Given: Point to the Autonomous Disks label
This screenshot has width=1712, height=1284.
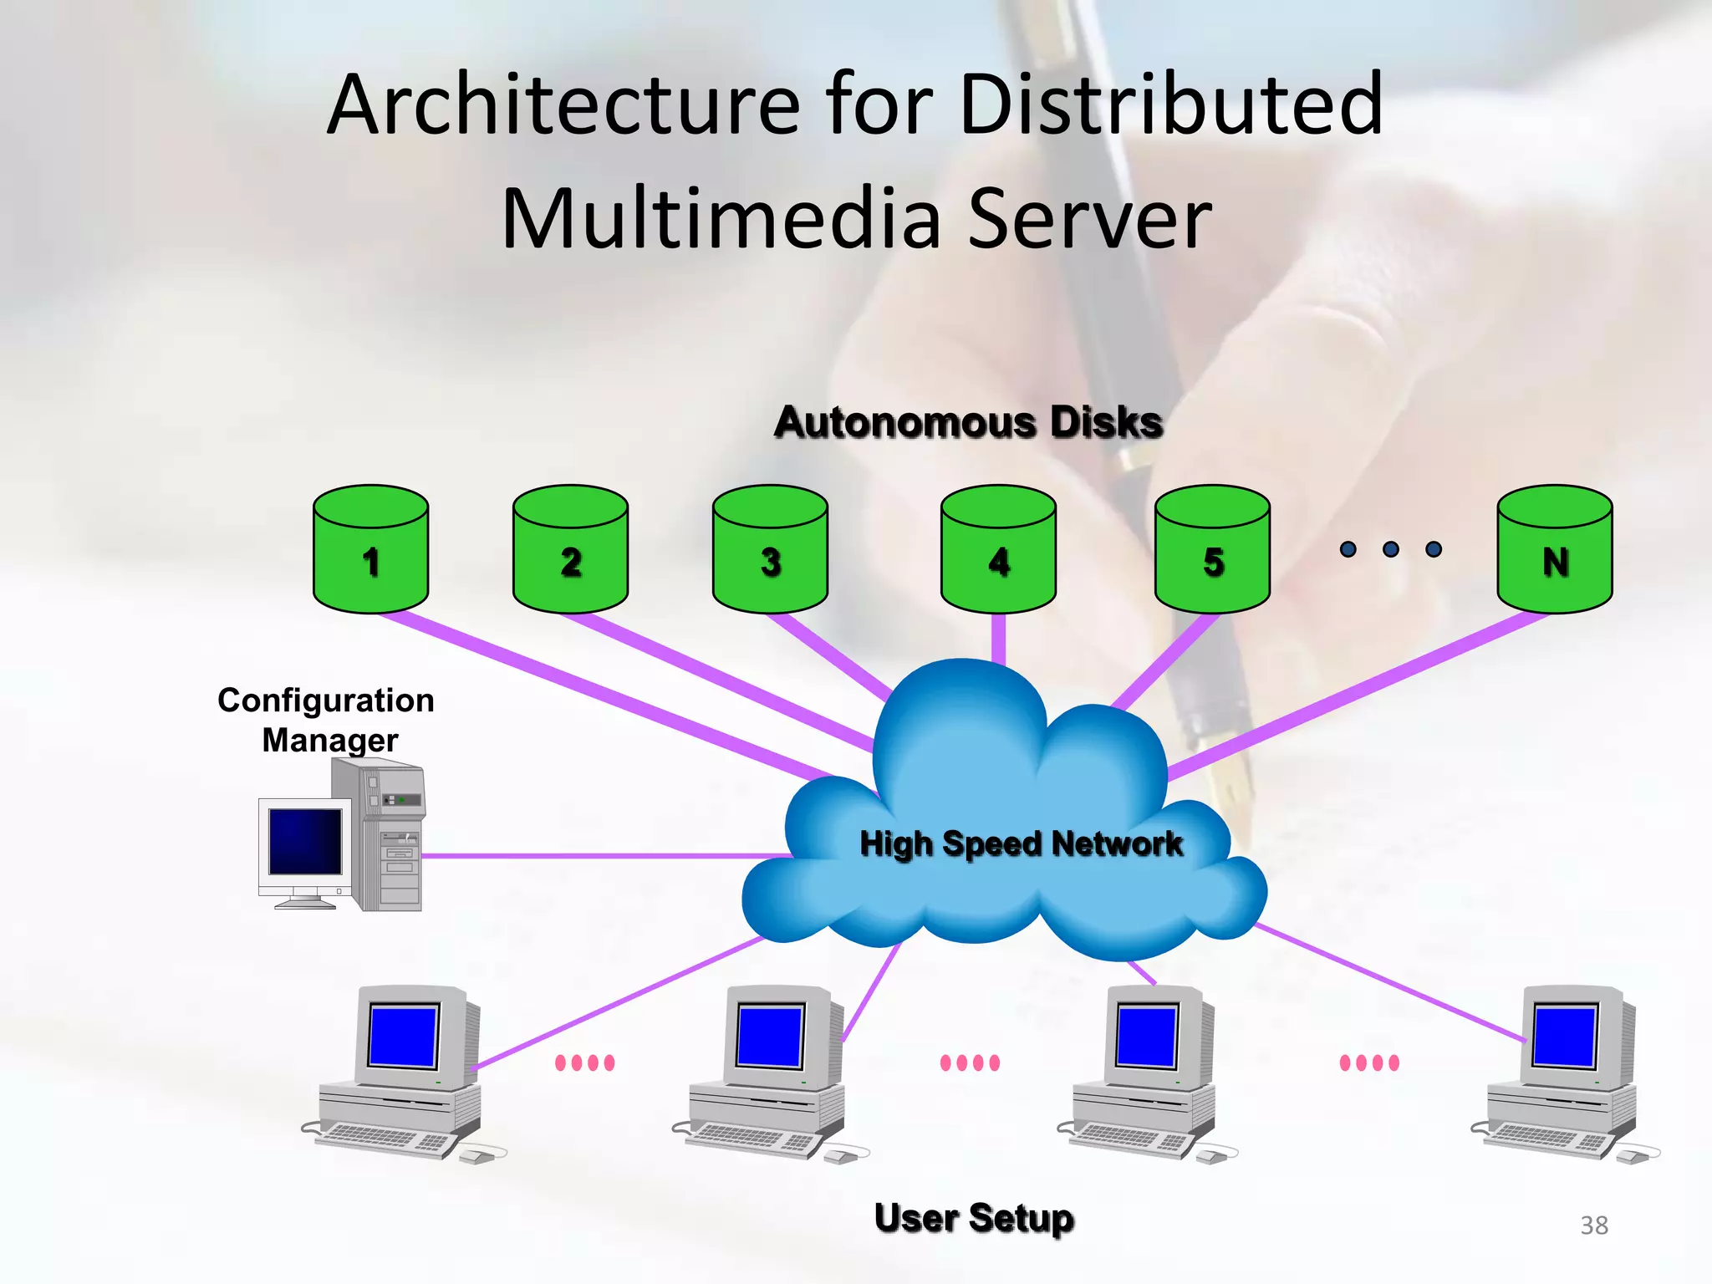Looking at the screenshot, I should point(968,422).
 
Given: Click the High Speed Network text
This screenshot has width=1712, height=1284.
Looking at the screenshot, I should point(1021,843).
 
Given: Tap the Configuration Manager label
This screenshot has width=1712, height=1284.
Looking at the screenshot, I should point(327,720).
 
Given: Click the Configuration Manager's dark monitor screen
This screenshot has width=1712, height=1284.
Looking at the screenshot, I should point(304,842).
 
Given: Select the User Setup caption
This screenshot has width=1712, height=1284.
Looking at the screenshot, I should point(974,1218).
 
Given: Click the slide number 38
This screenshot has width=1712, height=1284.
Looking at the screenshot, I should point(1593,1225).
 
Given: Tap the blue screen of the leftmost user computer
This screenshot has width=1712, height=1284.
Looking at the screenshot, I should point(404,1036).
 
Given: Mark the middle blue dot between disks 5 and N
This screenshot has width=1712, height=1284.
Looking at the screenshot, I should point(1391,549).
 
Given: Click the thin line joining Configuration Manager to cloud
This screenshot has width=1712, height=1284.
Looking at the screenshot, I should point(602,855).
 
